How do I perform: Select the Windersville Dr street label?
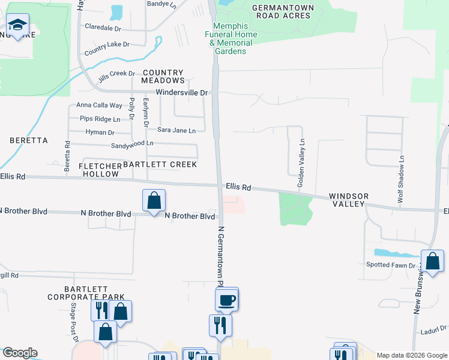tap(181, 93)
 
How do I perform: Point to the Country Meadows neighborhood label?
tap(163, 76)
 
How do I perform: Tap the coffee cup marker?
tap(227, 299)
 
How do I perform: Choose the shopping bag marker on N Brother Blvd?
tap(154, 200)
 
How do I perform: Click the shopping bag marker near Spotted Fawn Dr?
tap(432, 261)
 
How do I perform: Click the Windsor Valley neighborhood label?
tap(348, 200)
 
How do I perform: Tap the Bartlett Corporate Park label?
tap(86, 293)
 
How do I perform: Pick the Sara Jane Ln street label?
tap(176, 130)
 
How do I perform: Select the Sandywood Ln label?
tap(132, 145)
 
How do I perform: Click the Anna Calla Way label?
tap(99, 106)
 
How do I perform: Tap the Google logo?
tap(20, 353)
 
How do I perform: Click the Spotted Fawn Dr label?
tap(391, 265)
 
